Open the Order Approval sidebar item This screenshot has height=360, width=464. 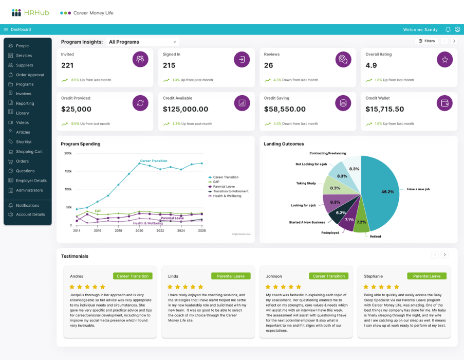(29, 75)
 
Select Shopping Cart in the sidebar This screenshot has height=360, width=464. (29, 152)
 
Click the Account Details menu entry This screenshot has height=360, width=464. (30, 214)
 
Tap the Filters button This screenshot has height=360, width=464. (426, 41)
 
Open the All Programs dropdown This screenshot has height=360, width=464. (142, 42)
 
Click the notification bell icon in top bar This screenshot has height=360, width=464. (448, 30)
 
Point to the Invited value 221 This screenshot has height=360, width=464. (67, 65)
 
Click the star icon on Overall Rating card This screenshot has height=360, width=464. (444, 60)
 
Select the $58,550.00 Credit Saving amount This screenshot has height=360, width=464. (285, 110)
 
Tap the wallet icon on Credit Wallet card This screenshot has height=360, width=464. (444, 103)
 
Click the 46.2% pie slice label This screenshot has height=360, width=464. (387, 192)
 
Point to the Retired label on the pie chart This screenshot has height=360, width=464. (375, 236)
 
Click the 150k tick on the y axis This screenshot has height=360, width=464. (68, 171)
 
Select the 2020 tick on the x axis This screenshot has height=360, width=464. (139, 231)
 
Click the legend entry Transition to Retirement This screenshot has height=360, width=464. (230, 191)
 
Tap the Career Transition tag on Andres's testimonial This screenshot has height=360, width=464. (132, 276)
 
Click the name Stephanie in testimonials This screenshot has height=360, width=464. (373, 276)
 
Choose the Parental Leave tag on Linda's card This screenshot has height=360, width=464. (231, 276)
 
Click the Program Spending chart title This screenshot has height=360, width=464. (80, 144)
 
